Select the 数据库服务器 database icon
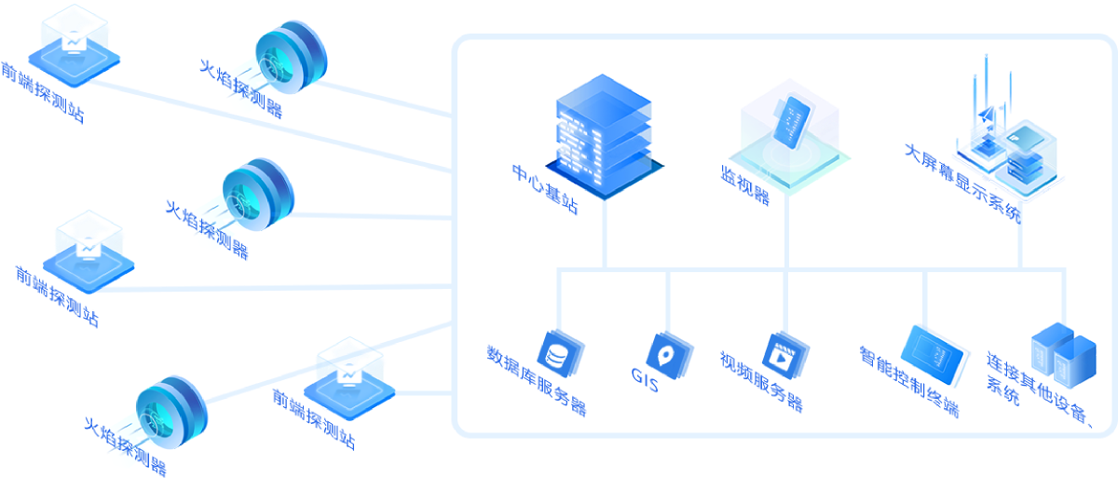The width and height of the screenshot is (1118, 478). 560,355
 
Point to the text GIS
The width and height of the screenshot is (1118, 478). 645,379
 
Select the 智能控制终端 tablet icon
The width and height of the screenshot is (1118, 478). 932,354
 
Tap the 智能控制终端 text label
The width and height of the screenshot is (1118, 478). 909,382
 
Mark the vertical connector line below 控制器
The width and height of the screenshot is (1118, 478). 787,233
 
